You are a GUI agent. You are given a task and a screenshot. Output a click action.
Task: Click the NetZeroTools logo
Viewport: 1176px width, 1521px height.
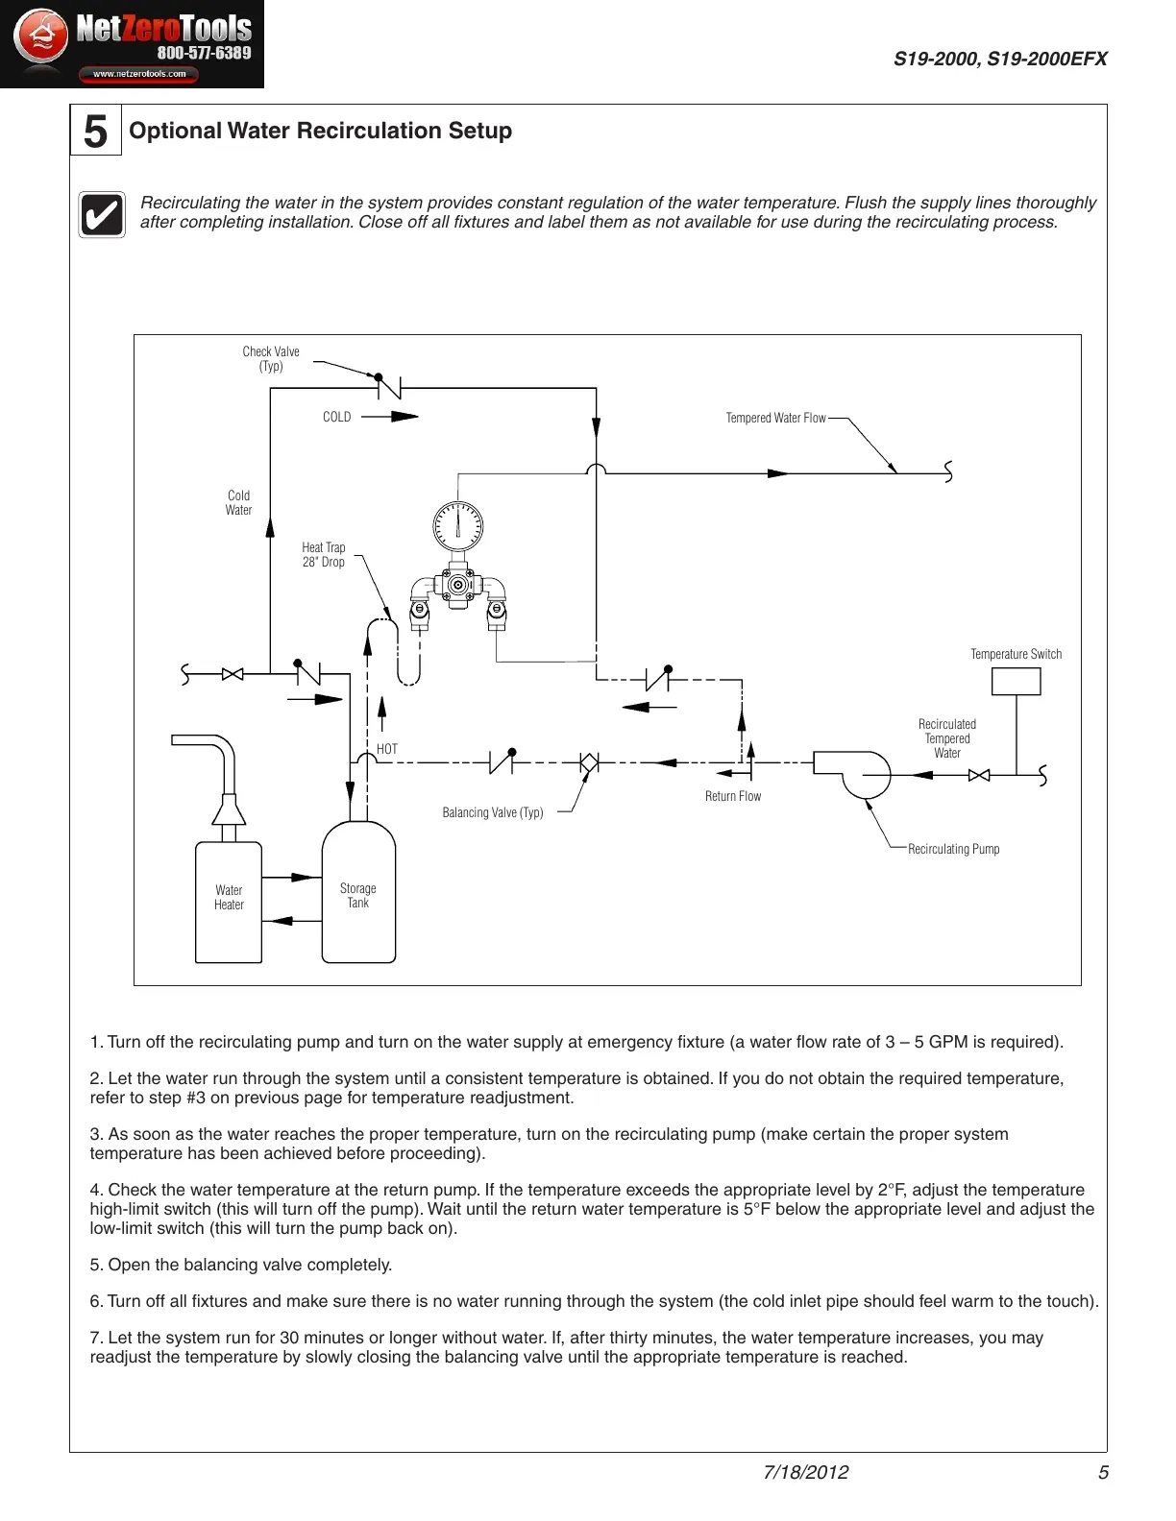tap(132, 44)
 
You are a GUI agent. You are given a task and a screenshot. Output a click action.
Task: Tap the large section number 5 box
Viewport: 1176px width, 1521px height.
tap(96, 131)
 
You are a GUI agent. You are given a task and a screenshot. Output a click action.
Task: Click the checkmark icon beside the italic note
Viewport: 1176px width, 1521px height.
tap(102, 214)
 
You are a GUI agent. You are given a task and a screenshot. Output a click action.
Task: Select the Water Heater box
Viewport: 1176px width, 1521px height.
tap(229, 902)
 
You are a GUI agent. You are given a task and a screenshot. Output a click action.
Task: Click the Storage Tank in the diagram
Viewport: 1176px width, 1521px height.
tap(358, 894)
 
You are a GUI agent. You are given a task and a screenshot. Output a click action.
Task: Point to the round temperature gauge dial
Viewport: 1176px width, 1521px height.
tap(457, 525)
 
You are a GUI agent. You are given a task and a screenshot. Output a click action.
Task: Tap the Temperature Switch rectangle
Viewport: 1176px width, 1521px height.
tap(1016, 681)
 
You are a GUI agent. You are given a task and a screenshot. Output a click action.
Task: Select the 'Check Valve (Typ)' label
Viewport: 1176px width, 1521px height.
tap(271, 358)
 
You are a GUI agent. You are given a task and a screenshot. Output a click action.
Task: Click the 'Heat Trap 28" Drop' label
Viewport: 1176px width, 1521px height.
tap(324, 555)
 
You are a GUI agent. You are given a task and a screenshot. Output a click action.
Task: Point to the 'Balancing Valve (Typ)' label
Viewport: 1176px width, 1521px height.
tap(493, 812)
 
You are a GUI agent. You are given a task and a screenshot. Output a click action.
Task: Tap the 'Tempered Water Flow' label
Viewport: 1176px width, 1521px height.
tap(775, 418)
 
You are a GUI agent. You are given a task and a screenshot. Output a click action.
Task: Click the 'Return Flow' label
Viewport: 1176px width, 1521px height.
tap(733, 796)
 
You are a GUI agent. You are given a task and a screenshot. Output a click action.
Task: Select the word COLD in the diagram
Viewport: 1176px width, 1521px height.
tap(336, 417)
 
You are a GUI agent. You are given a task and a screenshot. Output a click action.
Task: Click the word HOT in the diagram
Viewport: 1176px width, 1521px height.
tap(387, 749)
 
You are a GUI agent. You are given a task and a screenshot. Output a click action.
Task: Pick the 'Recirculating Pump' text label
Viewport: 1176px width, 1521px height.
tap(953, 849)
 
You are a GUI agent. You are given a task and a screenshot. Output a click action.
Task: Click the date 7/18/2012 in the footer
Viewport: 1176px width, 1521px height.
tap(805, 1472)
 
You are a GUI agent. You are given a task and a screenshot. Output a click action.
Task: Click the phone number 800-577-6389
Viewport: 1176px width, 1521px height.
tap(204, 54)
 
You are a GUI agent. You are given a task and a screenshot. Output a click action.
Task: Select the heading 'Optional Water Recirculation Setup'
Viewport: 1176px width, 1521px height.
tap(320, 131)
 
